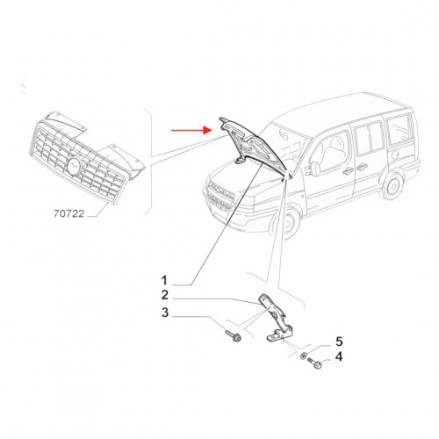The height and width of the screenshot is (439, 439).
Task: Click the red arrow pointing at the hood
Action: coord(191,130)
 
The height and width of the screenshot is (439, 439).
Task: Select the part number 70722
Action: coord(68,213)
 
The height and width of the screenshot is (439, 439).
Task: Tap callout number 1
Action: coord(164,280)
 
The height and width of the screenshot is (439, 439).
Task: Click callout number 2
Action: coord(165,295)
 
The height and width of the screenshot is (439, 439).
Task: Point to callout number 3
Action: coord(165,313)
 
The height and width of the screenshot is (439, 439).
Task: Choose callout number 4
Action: coord(338,356)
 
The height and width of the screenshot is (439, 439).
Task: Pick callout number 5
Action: coord(339,342)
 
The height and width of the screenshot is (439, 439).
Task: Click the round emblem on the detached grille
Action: coord(74,166)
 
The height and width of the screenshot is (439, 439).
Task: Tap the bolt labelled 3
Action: coord(234,336)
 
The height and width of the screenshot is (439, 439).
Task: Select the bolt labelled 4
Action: coord(314,363)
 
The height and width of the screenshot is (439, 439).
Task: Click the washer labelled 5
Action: coord(304,356)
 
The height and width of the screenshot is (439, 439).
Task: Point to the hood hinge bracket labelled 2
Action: coord(277,320)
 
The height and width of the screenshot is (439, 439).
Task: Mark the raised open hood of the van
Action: coord(253,146)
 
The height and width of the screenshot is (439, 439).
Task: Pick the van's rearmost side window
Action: coord(399,131)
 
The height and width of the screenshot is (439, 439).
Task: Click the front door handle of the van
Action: coord(348,171)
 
